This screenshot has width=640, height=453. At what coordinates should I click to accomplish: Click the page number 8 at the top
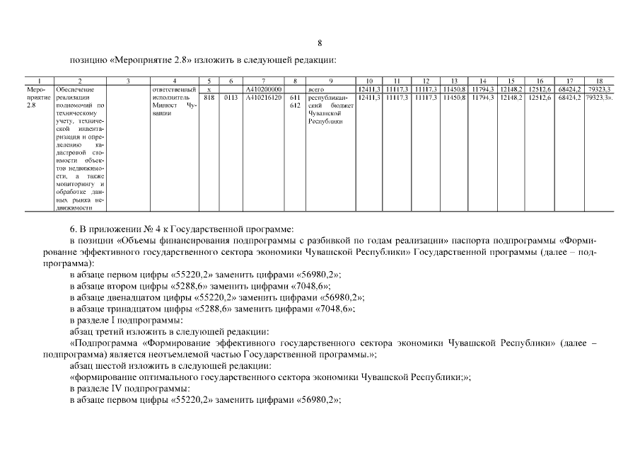click(320, 43)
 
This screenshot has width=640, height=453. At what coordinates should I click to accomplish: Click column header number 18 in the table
click(599, 81)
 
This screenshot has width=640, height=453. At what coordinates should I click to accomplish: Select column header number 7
click(263, 81)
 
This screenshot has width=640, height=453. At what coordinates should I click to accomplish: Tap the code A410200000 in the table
click(263, 89)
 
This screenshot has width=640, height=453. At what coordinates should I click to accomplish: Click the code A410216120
click(263, 97)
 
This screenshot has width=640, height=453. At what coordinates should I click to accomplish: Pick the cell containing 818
click(209, 97)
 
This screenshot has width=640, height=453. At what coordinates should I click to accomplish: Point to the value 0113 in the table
click(231, 97)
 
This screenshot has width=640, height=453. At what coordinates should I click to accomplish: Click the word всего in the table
click(315, 89)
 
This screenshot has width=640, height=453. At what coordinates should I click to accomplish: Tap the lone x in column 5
click(209, 89)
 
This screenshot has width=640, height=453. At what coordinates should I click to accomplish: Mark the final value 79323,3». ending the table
click(600, 97)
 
